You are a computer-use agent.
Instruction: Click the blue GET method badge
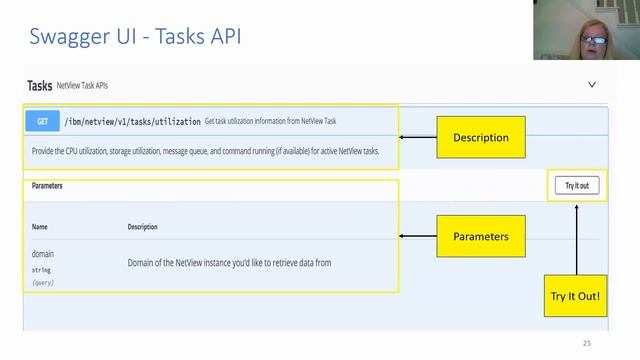tap(42, 122)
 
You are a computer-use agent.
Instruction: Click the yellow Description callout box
tap(480, 137)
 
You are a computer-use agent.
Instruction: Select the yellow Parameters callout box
tap(480, 236)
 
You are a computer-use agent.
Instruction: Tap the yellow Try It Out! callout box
tap(576, 298)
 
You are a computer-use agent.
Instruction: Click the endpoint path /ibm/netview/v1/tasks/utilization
tap(133, 122)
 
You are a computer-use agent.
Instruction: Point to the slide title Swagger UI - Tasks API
tap(135, 38)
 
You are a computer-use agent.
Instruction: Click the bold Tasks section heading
tap(39, 86)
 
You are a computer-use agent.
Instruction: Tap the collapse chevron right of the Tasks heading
tap(592, 86)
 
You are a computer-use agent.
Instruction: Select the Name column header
tap(39, 227)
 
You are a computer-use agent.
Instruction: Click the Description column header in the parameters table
tap(142, 227)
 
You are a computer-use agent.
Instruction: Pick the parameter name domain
tap(43, 254)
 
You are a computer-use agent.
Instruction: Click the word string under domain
tap(41, 270)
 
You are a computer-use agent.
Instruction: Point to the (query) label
tap(44, 283)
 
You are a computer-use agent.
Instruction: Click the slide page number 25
tap(587, 344)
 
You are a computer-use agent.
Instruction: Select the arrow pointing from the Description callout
tap(418, 137)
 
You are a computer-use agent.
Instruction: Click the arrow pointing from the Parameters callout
tap(418, 236)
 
